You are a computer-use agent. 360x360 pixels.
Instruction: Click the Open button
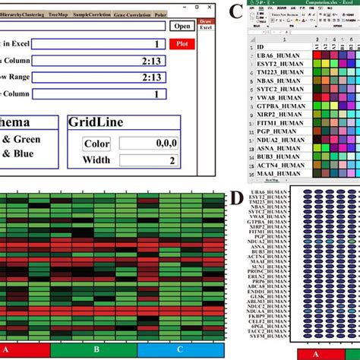[x=182, y=26]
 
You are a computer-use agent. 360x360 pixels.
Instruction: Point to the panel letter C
[x=235, y=11]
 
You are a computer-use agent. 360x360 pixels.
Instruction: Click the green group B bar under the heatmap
[x=96, y=349]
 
